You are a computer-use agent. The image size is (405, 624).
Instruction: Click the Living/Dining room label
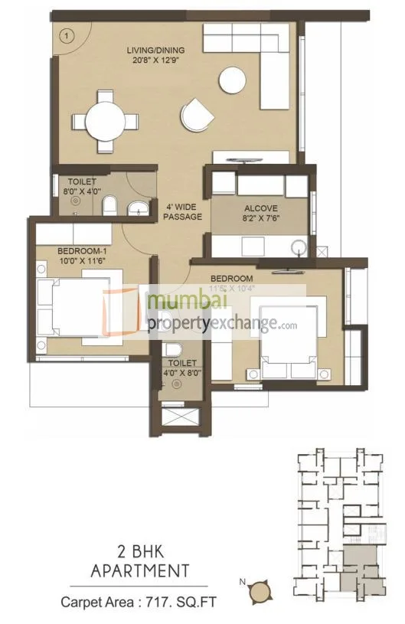point(156,51)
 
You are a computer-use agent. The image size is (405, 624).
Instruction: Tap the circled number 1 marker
point(67,34)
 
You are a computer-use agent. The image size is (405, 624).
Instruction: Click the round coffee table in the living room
point(233,80)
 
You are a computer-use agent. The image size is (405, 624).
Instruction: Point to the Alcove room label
point(261,208)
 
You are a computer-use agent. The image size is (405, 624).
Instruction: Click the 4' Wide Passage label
point(182,211)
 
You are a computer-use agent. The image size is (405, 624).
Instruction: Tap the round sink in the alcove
point(299,247)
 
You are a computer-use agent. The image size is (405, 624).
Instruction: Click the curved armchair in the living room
point(198,116)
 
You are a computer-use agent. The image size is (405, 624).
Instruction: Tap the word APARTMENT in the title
point(140,571)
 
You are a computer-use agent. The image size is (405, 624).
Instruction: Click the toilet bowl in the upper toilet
point(109,204)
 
